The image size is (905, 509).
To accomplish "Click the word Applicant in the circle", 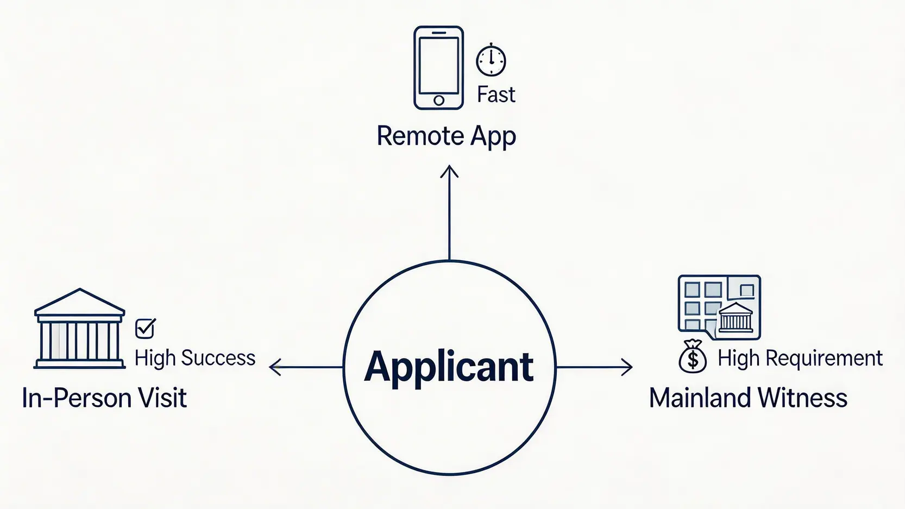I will pyautogui.click(x=449, y=367).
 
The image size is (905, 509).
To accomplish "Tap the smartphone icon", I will pyautogui.click(x=438, y=67).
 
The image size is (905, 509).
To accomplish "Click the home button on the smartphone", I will pyautogui.click(x=439, y=100).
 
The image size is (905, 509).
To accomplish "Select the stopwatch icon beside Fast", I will pyautogui.click(x=491, y=60).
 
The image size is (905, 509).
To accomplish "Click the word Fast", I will pyautogui.click(x=496, y=95).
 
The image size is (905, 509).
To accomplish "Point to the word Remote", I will pyautogui.click(x=420, y=136).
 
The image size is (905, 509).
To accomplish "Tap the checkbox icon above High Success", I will pyautogui.click(x=146, y=328).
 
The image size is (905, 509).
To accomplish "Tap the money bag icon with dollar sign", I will pyautogui.click(x=693, y=356).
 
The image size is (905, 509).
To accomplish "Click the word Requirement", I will pyautogui.click(x=824, y=359).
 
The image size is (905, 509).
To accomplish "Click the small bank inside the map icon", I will pyautogui.click(x=736, y=317).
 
